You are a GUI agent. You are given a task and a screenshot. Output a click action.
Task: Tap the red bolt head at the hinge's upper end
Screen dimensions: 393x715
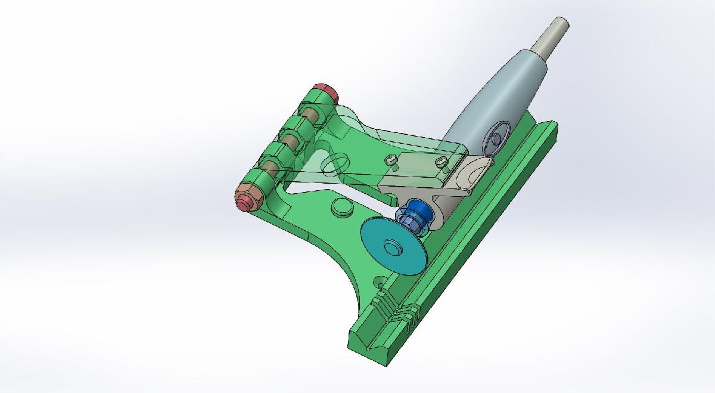click(x=327, y=93)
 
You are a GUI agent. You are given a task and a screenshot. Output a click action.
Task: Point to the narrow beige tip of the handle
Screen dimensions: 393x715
click(x=552, y=36)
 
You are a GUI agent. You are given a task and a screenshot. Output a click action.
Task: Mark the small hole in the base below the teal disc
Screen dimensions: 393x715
click(x=379, y=281)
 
